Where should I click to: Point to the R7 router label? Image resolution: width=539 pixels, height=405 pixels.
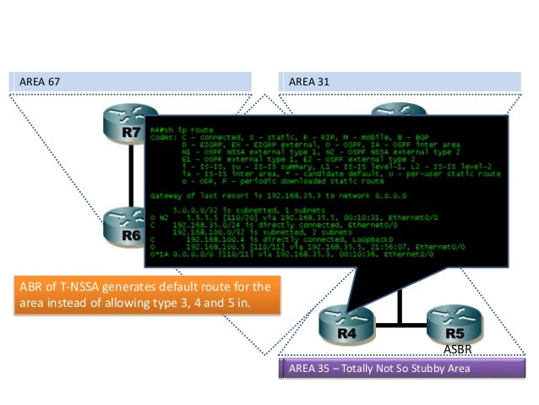point(131,133)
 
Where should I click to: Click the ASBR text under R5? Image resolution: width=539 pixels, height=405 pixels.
point(455,348)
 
